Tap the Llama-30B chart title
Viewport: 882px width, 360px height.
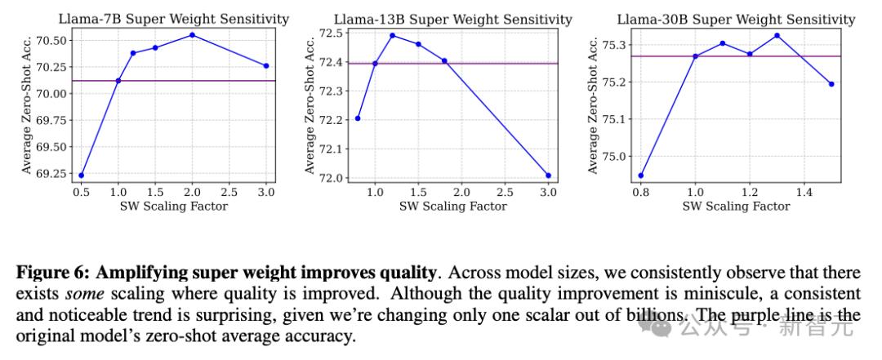[736, 18]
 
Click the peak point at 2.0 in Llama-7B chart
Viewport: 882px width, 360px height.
[192, 34]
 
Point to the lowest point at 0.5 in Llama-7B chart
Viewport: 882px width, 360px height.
[81, 175]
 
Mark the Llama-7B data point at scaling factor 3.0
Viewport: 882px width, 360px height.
[266, 65]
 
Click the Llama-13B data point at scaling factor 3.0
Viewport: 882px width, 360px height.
[548, 176]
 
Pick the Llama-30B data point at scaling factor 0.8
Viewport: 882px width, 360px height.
[640, 175]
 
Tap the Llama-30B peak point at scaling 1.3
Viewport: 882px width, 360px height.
[777, 35]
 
